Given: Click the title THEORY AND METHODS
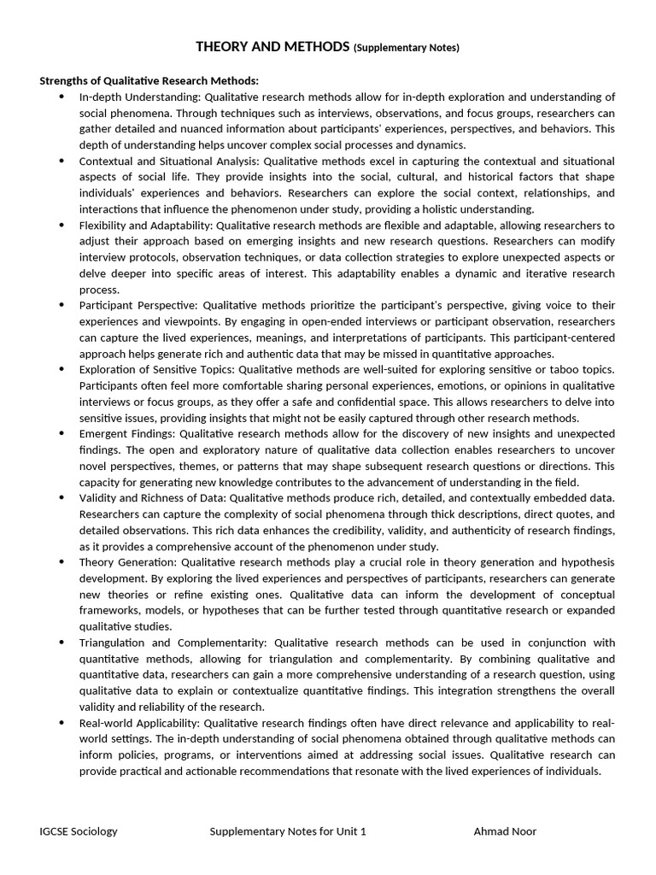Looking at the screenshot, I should [x=272, y=47].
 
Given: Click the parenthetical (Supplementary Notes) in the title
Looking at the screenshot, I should [x=406, y=48].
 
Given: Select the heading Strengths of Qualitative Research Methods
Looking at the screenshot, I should [x=149, y=81].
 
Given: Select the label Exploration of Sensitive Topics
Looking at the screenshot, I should [x=155, y=370].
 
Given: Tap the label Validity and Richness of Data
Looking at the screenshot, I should [x=152, y=498].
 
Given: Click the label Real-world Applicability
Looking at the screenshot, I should [x=140, y=723].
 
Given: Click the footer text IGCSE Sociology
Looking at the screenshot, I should [x=79, y=831].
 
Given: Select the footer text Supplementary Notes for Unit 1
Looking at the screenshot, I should [x=288, y=831].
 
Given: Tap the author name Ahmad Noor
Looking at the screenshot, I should [x=505, y=831].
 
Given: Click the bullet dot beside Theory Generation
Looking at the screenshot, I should [x=61, y=562].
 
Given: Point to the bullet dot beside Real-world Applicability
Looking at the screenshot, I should [x=61, y=723].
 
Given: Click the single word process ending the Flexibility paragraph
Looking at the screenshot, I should [x=99, y=290].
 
